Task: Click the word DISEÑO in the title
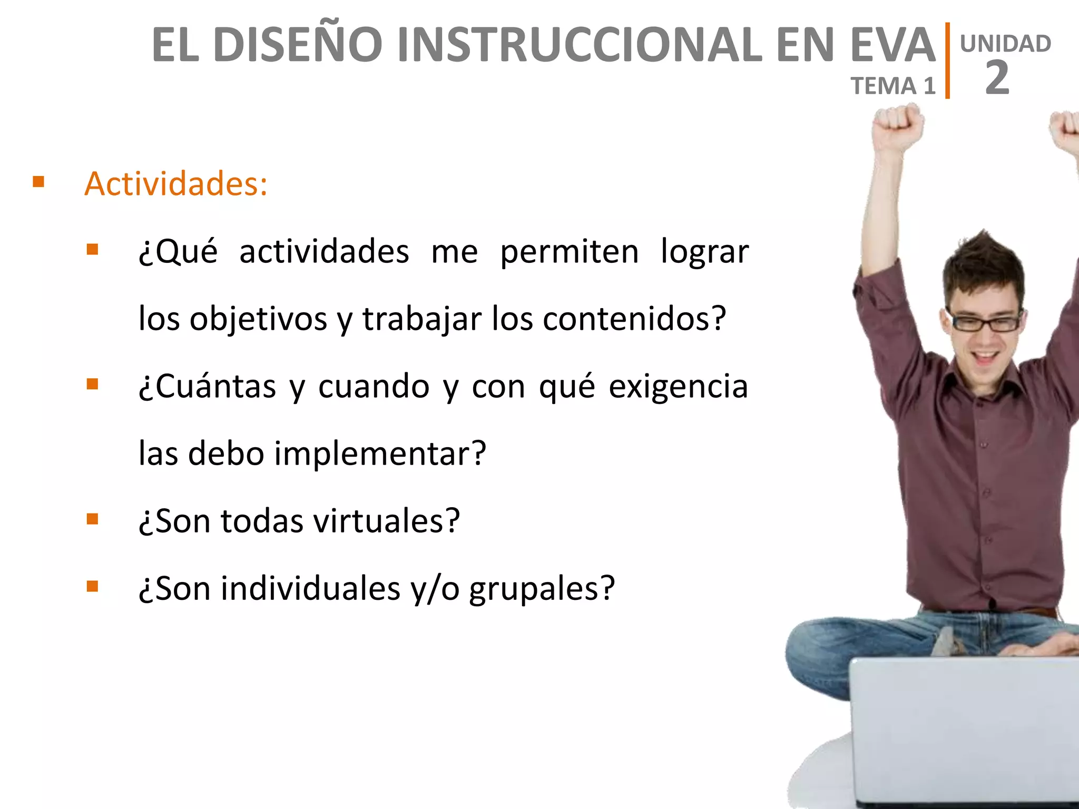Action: pyautogui.click(x=298, y=45)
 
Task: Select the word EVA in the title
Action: pyautogui.click(x=892, y=45)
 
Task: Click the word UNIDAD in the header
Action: pyautogui.click(x=1005, y=44)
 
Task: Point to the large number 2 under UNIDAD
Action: pyautogui.click(x=997, y=78)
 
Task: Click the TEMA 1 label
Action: pyautogui.click(x=893, y=86)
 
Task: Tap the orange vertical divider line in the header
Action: pyautogui.click(x=947, y=61)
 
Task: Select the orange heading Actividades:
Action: pyautogui.click(x=176, y=184)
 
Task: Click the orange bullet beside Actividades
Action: pyautogui.click(x=38, y=182)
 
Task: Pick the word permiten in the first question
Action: pyautogui.click(x=569, y=252)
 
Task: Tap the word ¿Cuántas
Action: pyautogui.click(x=207, y=386)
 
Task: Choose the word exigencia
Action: pyautogui.click(x=678, y=386)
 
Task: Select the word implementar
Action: pyautogui.click(x=379, y=453)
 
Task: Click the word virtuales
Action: pyautogui.click(x=387, y=521)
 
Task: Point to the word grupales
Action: pyautogui.click(x=542, y=588)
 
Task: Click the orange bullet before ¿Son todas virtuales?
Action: pyautogui.click(x=93, y=519)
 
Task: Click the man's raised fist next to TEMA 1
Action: pyautogui.click(x=897, y=126)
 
